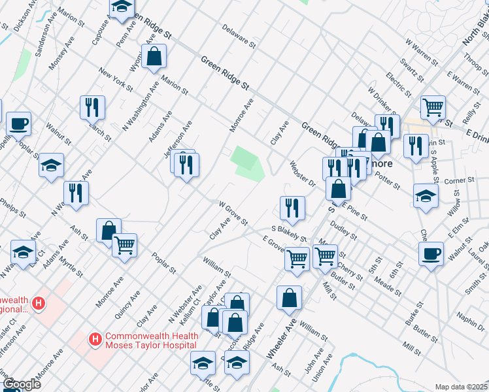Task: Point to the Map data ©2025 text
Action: coord(460,387)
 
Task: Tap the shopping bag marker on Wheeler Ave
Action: coord(289,298)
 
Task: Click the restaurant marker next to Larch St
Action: coord(92,106)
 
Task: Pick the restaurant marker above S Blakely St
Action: coord(292,207)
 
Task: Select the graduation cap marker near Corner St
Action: coord(426,195)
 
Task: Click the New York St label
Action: coord(115,79)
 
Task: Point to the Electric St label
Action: coord(398,84)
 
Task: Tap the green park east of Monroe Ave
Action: coord(247,163)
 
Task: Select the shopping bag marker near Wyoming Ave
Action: coord(154,56)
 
